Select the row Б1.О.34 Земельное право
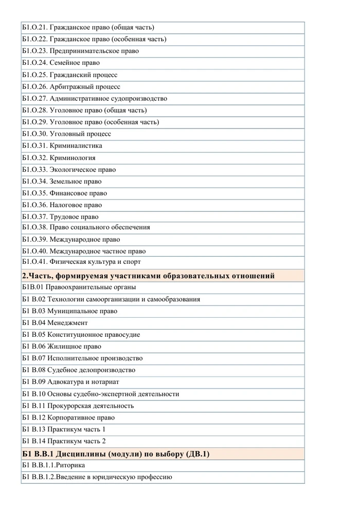[x=62, y=181]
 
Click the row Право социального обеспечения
[x=86, y=227]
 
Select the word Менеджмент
[x=67, y=323]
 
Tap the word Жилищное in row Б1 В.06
[x=64, y=347]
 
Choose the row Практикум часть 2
[x=64, y=441]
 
